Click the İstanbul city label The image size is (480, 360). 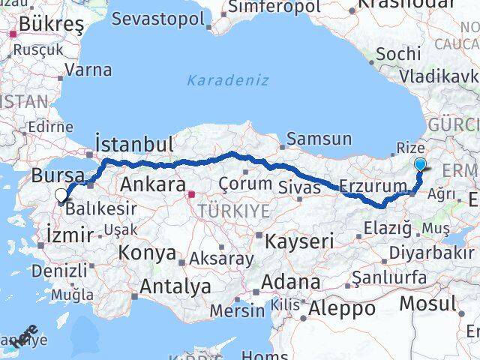(135, 144)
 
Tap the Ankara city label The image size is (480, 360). (153, 184)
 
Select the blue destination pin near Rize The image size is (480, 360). (421, 165)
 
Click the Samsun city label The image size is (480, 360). (319, 139)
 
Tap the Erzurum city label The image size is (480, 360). (373, 185)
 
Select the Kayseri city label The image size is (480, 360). (298, 241)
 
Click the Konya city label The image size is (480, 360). (148, 253)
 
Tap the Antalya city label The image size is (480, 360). (175, 286)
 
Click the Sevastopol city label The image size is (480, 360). (163, 18)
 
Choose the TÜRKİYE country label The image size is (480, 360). (233, 211)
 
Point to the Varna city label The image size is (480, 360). (88, 70)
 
